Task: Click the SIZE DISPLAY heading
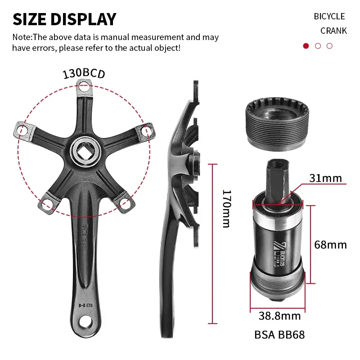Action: point(64,19)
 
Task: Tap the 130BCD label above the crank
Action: point(84,73)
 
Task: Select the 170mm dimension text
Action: point(227,208)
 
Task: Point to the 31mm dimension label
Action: point(325,178)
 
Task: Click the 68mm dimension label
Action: point(331,245)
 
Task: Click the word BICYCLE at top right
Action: point(329,16)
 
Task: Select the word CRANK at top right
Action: point(333,31)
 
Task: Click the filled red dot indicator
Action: point(306,46)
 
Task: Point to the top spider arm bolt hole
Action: point(83,88)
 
